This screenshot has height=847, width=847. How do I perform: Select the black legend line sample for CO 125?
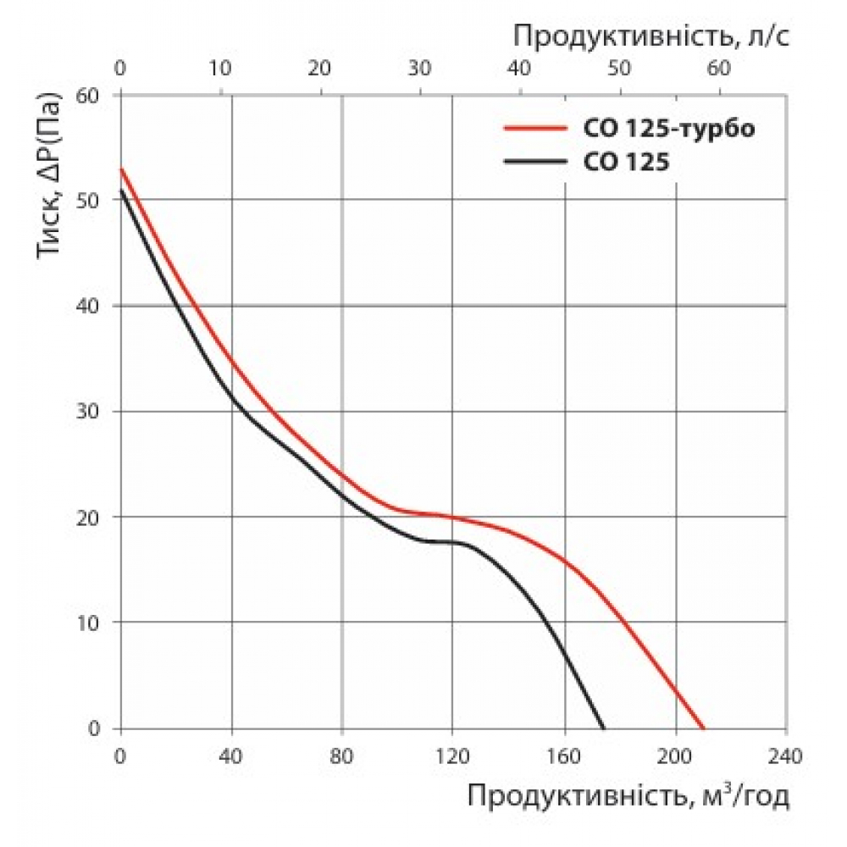click(x=533, y=161)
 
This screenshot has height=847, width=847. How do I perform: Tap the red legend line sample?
click(x=533, y=130)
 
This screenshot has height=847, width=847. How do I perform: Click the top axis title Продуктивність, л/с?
click(x=651, y=36)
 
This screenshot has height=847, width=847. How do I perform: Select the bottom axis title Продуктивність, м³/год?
click(x=628, y=796)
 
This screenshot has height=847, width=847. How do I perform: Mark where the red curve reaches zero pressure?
click(x=703, y=728)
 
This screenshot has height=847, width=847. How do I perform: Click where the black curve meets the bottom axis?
click(x=605, y=728)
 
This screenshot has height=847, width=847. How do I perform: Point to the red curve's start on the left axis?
click(x=121, y=169)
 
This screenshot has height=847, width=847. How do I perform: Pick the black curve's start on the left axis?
click(x=121, y=190)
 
